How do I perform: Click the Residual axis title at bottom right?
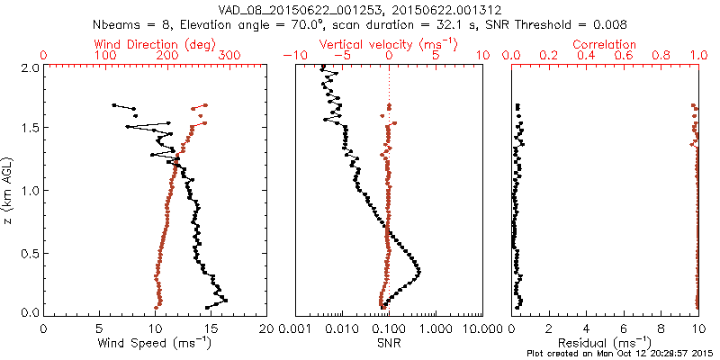tap(605, 343)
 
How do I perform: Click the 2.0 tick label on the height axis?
tap(29, 67)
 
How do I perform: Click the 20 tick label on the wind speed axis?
tap(266, 328)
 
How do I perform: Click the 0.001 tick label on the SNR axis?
tap(295, 328)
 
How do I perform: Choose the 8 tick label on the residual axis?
tap(661, 328)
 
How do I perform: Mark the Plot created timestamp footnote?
tap(621, 354)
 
